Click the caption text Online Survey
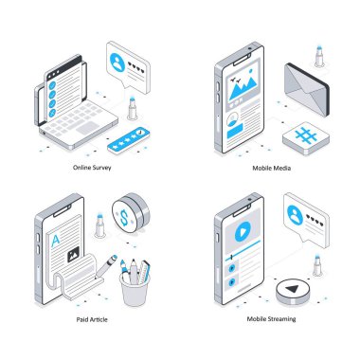click(92, 168)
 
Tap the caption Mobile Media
click(272, 168)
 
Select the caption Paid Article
click(92, 319)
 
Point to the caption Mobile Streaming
click(271, 319)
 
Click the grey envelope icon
click(307, 89)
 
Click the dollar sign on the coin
click(124, 217)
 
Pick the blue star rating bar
click(129, 140)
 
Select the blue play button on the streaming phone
click(243, 231)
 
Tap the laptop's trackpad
click(86, 128)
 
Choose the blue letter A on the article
click(55, 241)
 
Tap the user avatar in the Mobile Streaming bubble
click(295, 214)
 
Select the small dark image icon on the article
click(74, 255)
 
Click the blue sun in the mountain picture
click(251, 70)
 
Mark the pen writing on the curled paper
click(106, 266)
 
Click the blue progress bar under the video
click(243, 250)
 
